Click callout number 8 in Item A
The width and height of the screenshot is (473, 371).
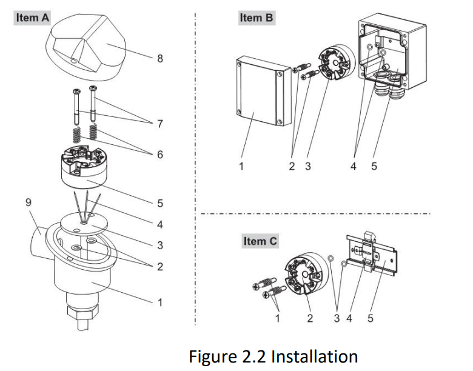[x=160, y=59]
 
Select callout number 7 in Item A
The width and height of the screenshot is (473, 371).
[x=160, y=124]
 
